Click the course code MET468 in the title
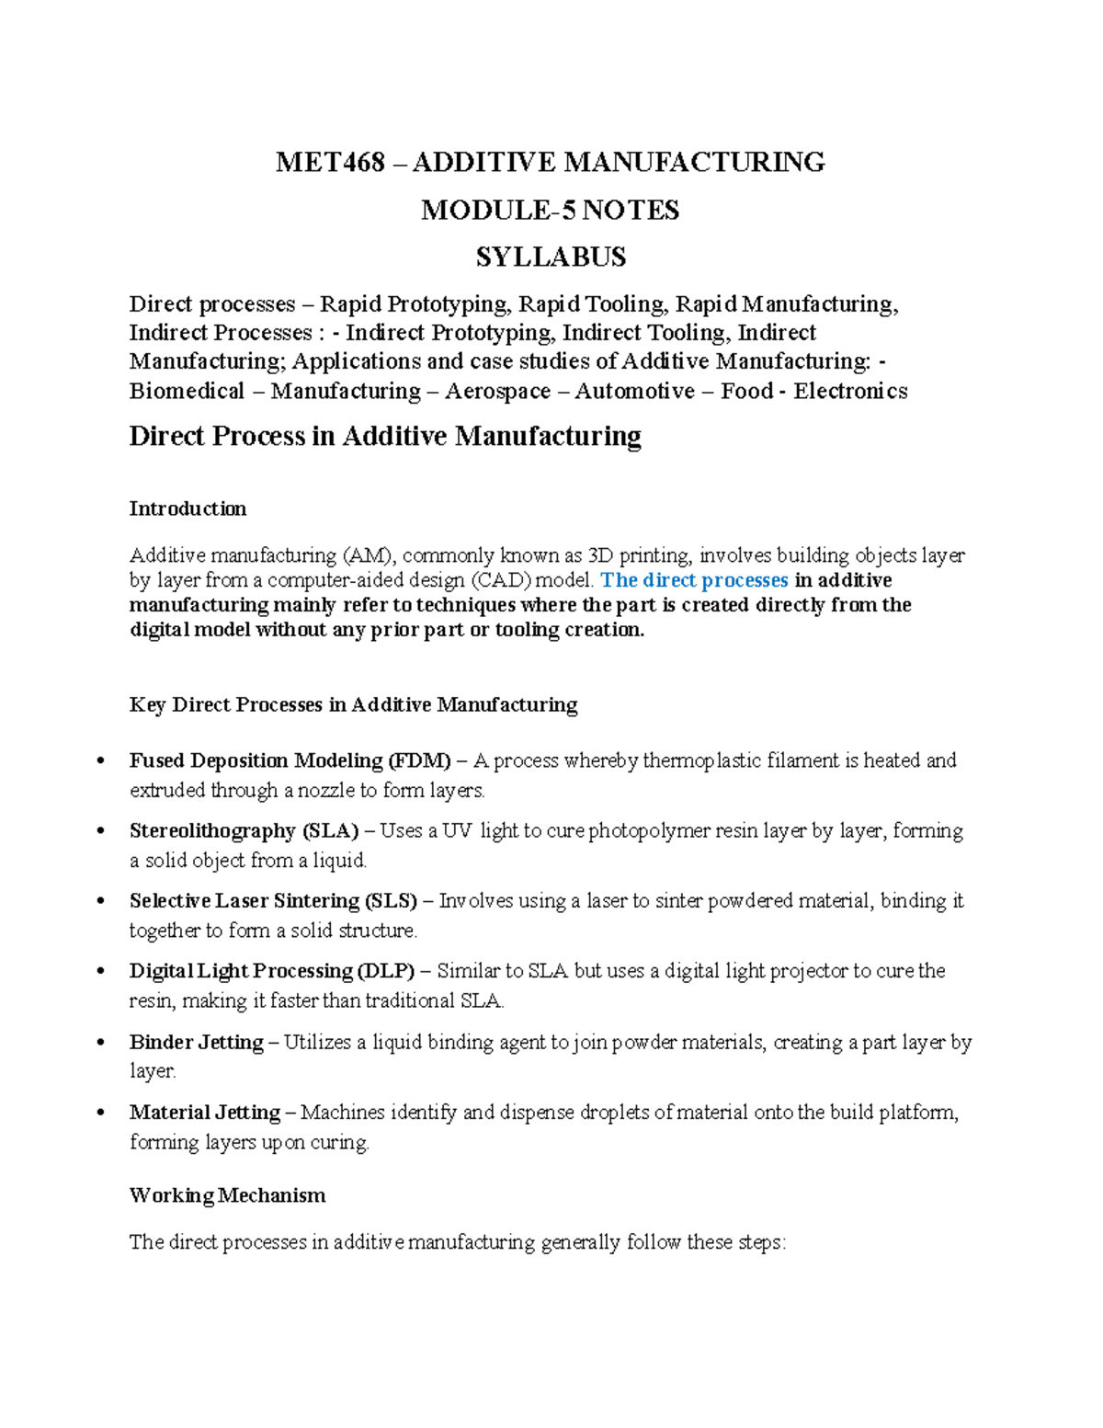coord(330,163)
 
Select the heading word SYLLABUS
coord(551,257)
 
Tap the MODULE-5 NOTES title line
coord(550,211)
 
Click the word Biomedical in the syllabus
coord(187,392)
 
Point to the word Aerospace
coord(497,392)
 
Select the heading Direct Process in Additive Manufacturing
coord(384,436)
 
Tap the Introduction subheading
coord(188,508)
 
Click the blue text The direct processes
coord(694,580)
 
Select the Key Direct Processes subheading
coord(353,705)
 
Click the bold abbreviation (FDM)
coord(419,760)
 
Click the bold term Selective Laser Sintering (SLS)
coord(273,901)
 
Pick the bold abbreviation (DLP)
coord(386,971)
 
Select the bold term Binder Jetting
coord(196,1042)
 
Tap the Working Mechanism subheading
coord(227,1195)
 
